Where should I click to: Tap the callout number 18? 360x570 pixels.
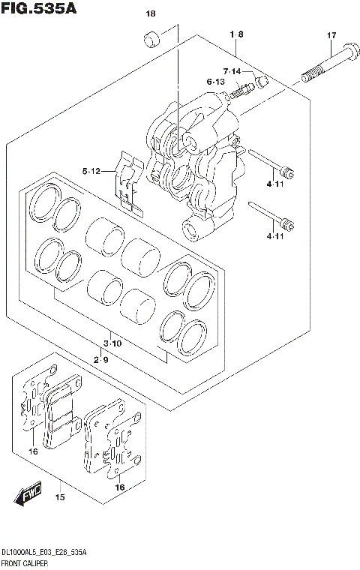151,14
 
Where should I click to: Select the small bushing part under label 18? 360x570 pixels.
152,38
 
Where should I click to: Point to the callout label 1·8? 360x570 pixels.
236,34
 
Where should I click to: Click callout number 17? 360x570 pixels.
331,36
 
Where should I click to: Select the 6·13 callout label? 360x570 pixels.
216,82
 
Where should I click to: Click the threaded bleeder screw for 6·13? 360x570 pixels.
238,91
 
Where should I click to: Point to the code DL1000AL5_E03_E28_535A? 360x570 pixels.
43,551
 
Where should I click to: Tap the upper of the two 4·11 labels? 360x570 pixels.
274,184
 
